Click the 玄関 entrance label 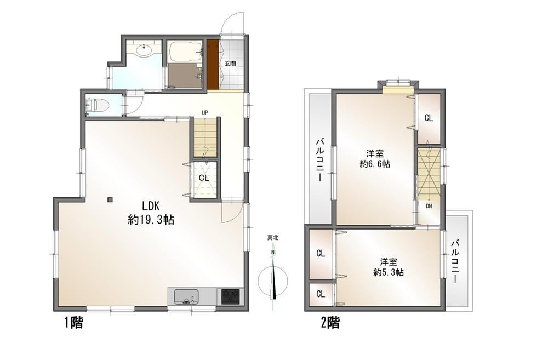[230, 64]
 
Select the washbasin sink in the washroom [144, 50]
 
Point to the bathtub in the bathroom [185, 52]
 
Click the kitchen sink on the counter [186, 297]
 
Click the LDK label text [151, 205]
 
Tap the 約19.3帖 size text [151, 220]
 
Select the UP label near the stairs [205, 112]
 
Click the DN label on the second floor [429, 206]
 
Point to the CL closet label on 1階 [204, 178]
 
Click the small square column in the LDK [110, 199]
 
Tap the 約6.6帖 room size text [375, 164]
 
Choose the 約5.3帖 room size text [389, 272]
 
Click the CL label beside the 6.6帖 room [429, 118]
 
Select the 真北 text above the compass [272, 238]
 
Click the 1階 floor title [74, 322]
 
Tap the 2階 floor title [330, 322]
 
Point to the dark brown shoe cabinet [213, 64]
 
